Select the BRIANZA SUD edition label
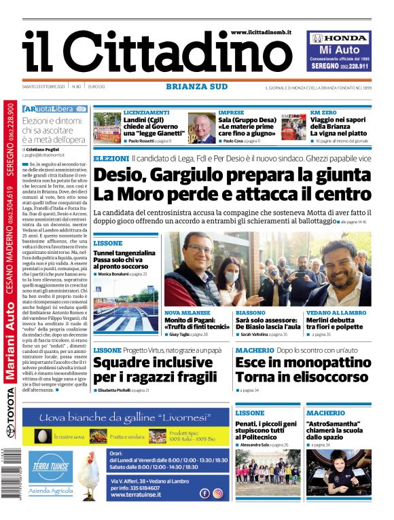pyautogui.click(x=197, y=87)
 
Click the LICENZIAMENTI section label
pyautogui.click(x=146, y=112)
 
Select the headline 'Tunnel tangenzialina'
pyautogui.click(x=124, y=253)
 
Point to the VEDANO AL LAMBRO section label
pyautogui.click(x=336, y=313)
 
